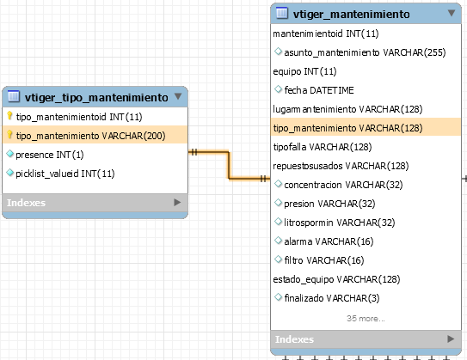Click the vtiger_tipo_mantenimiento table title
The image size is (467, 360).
tap(96, 98)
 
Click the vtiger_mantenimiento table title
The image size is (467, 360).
tap(351, 15)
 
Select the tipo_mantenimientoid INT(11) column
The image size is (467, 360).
tap(79, 117)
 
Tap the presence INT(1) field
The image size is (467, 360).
tap(49, 155)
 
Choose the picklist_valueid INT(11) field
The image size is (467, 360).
tap(65, 174)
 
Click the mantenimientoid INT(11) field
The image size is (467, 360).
tap(326, 34)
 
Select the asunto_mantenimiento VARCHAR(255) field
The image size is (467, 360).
tap(365, 52)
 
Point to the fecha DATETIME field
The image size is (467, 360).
tap(319, 90)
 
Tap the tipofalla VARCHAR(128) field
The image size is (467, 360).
tap(323, 147)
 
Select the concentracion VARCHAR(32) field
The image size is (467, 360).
tap(343, 185)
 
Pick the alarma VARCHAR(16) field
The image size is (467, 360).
tap(329, 241)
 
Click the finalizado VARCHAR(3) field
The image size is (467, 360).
tap(332, 298)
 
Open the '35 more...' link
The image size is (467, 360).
tap(366, 319)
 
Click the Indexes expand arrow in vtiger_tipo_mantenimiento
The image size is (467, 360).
tap(177, 202)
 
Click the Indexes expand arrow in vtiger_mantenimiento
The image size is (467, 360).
tap(451, 339)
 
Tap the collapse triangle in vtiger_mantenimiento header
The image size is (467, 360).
tap(452, 13)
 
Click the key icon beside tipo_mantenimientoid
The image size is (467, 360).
tap(9, 116)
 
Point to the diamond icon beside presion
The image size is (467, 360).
tap(278, 203)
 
